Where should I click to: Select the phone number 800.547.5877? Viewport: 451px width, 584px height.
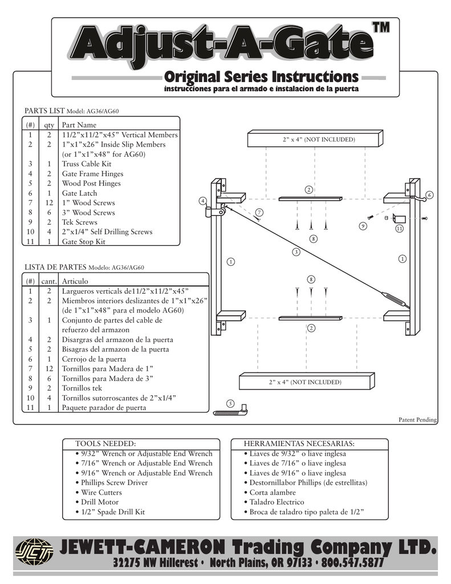point(352,562)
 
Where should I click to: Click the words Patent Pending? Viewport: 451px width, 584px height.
point(417,420)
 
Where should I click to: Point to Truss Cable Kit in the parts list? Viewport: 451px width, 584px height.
point(87,164)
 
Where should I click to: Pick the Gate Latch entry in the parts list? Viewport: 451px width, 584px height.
point(82,193)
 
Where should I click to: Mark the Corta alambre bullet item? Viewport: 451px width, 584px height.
point(273,492)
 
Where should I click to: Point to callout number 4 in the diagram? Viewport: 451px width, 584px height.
point(202,201)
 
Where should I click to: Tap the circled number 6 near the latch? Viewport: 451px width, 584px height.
point(429,195)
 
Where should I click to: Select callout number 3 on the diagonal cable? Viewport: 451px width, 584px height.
point(296,252)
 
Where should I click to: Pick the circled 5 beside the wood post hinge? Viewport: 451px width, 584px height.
point(230,403)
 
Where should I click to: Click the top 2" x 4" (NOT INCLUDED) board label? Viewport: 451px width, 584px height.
point(319,140)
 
